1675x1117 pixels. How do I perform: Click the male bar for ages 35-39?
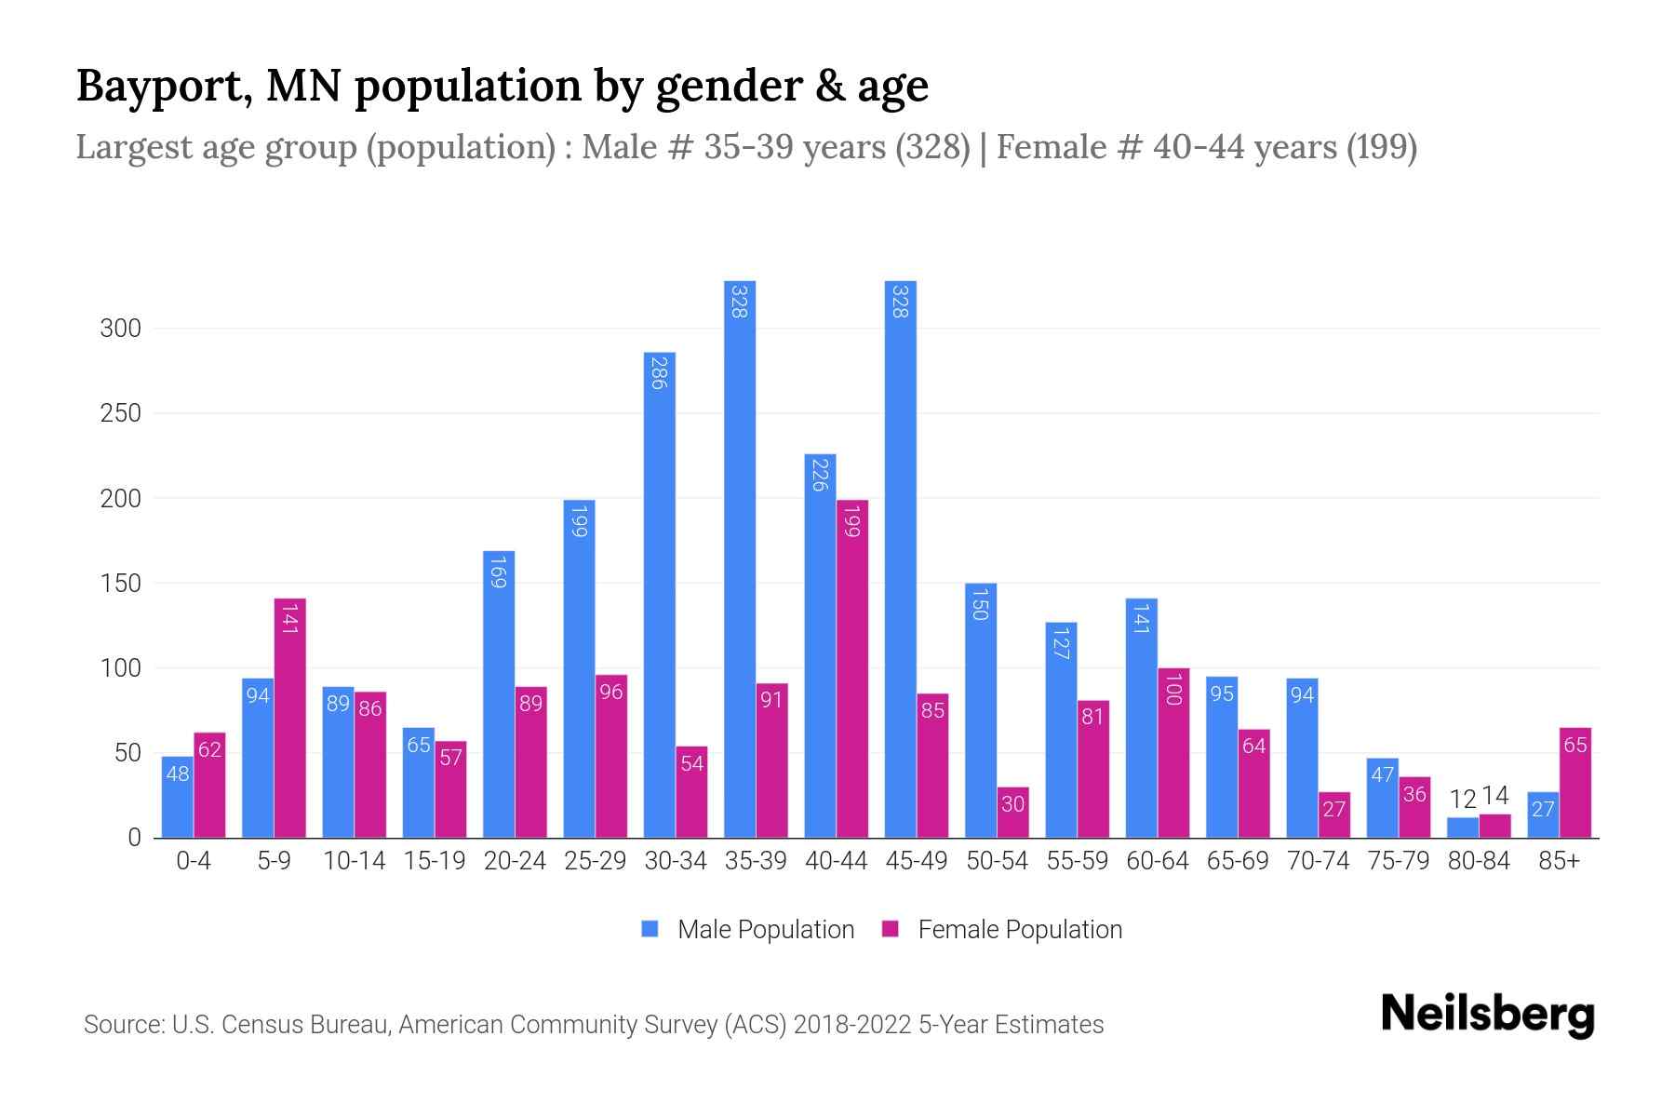(740, 558)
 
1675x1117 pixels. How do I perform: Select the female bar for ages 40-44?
(852, 670)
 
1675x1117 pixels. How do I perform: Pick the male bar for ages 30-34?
(659, 596)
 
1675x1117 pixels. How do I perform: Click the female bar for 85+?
(1574, 782)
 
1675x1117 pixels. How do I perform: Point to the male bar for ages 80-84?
(1463, 828)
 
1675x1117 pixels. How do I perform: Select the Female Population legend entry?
(1002, 930)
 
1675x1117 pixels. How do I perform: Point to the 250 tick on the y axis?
(121, 413)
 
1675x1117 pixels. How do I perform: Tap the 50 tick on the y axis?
(127, 753)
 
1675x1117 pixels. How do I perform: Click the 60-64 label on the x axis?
(1157, 861)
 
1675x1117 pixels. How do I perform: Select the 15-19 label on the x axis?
(435, 861)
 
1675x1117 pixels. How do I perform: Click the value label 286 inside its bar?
(659, 372)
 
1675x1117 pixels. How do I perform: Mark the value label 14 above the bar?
(1494, 796)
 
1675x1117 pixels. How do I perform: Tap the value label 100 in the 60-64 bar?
(1172, 689)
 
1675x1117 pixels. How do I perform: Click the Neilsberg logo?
(1487, 1015)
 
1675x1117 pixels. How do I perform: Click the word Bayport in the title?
(160, 86)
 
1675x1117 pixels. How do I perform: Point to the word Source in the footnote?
(122, 1025)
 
